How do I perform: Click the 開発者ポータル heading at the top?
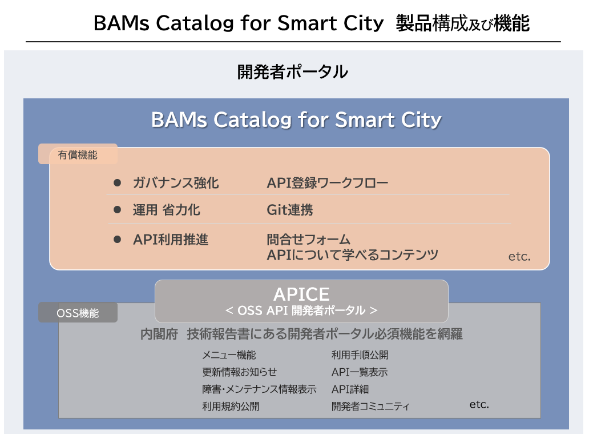[x=292, y=73]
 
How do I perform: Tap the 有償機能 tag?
[x=78, y=154]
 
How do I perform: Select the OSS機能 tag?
[x=78, y=313]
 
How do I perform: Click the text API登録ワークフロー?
[x=327, y=183]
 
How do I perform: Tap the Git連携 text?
[x=289, y=210]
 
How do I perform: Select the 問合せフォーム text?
[x=308, y=239]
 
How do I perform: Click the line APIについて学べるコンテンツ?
[x=352, y=255]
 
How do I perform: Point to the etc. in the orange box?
[x=519, y=257]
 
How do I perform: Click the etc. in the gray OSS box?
[x=479, y=404]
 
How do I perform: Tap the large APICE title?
[x=301, y=294]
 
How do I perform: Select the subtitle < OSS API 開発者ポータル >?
[x=301, y=310]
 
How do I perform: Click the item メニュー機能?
[x=229, y=355]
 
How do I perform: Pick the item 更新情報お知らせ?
[x=239, y=372]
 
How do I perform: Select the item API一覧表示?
[x=359, y=372]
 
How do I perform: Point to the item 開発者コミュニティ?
[x=370, y=407]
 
